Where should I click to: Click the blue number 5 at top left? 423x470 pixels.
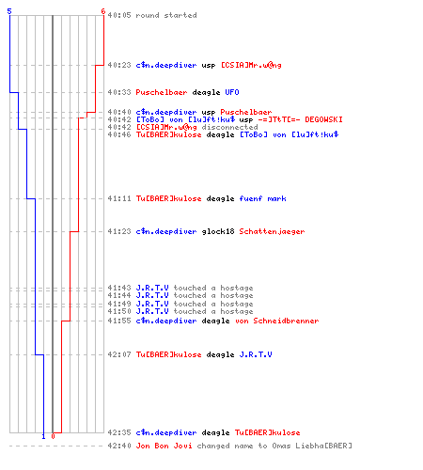click(x=9, y=11)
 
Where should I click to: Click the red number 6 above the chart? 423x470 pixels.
click(x=103, y=11)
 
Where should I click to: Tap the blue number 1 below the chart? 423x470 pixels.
click(x=43, y=436)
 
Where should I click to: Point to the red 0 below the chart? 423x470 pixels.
click(x=53, y=436)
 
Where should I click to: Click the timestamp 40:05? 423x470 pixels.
click(x=119, y=15)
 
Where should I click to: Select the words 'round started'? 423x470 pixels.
click(x=166, y=15)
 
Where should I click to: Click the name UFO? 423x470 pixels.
click(x=232, y=92)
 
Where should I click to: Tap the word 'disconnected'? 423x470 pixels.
click(x=229, y=127)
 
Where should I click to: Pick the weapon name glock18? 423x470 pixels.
click(x=218, y=231)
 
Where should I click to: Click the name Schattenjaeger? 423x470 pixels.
click(x=272, y=231)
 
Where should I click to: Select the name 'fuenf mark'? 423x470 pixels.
click(x=262, y=198)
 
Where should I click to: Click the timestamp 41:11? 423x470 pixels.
click(x=119, y=198)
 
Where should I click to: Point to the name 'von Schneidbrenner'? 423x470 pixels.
click(x=276, y=321)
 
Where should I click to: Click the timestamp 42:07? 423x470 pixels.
click(x=119, y=354)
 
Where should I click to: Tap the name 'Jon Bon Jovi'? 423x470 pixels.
click(x=164, y=446)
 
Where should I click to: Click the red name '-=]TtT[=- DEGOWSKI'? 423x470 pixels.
click(x=300, y=119)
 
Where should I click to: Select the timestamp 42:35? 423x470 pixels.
click(x=119, y=432)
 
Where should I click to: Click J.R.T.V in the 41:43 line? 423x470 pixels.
click(x=152, y=288)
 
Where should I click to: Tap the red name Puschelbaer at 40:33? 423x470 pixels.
click(x=162, y=92)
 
